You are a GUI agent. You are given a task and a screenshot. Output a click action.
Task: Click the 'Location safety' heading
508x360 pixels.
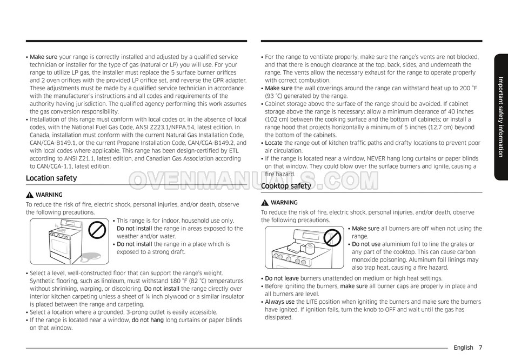pos(51,178)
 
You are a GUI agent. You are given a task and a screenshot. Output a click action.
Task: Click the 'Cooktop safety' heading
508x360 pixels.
pos(286,186)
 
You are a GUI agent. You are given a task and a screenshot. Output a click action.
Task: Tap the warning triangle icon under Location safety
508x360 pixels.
pos(30,195)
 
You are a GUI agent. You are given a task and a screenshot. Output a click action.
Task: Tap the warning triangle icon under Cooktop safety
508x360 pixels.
pos(265,203)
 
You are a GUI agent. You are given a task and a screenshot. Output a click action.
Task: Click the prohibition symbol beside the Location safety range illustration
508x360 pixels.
pos(97,230)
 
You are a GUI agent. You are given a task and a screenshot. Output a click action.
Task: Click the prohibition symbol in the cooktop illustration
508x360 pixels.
pos(333,237)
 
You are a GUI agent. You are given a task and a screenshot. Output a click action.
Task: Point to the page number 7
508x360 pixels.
pos(480,348)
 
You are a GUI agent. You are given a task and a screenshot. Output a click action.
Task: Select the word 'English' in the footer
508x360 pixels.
pos(463,348)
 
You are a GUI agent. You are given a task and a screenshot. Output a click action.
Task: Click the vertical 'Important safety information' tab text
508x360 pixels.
pos(500,116)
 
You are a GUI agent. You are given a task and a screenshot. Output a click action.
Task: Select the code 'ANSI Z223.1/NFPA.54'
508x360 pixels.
pos(150,127)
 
